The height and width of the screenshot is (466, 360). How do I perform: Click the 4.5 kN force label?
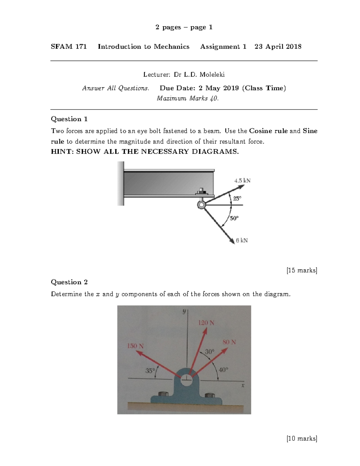pos(242,181)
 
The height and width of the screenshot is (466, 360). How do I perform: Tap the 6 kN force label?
pos(242,240)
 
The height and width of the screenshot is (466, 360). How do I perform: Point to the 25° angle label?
pos(237,198)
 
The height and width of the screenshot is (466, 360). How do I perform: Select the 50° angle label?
pos(234,218)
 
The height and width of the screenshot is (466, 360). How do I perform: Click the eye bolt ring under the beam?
pos(201,205)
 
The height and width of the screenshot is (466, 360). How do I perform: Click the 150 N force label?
pos(135,346)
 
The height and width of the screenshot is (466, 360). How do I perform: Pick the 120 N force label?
pos(206,323)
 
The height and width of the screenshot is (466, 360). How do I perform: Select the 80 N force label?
pos(229,342)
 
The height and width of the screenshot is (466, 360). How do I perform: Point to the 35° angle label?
pos(150,371)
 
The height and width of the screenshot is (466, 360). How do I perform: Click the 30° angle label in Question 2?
pos(210,351)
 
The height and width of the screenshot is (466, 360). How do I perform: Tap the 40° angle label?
pos(223,370)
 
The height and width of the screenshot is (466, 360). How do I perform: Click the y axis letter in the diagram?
pos(184,312)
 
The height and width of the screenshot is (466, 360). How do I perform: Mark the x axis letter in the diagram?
pos(243,386)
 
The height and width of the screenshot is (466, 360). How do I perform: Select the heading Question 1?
pos(69,119)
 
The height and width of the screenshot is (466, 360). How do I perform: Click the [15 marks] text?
pos(302,270)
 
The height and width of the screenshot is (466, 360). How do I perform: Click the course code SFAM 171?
pos(69,47)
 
